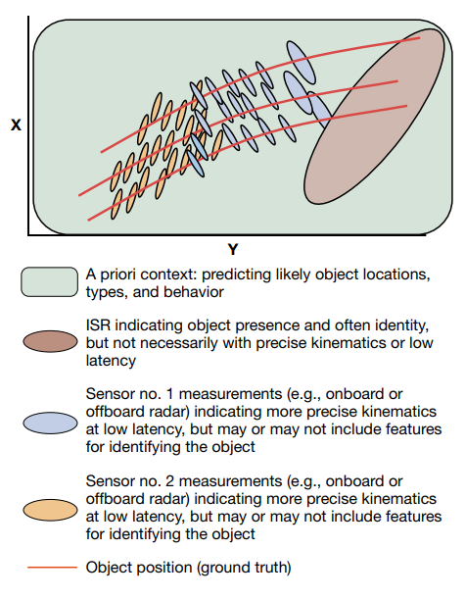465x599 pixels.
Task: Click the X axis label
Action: point(16,125)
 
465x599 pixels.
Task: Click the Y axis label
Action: point(233,249)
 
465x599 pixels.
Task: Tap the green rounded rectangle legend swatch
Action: point(49,282)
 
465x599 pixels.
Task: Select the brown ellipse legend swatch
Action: point(50,341)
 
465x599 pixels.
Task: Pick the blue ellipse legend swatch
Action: point(50,423)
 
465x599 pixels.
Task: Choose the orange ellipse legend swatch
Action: point(50,510)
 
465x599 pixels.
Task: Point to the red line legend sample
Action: point(52,568)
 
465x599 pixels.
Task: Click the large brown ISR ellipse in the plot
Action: point(374,117)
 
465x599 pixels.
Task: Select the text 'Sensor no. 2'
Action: point(129,481)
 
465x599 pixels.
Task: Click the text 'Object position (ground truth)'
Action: point(188,568)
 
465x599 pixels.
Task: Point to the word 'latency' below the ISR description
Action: point(111,361)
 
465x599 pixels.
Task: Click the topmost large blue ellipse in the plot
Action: point(301,63)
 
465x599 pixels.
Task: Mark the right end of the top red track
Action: point(420,38)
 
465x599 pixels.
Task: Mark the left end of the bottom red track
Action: point(88,221)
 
